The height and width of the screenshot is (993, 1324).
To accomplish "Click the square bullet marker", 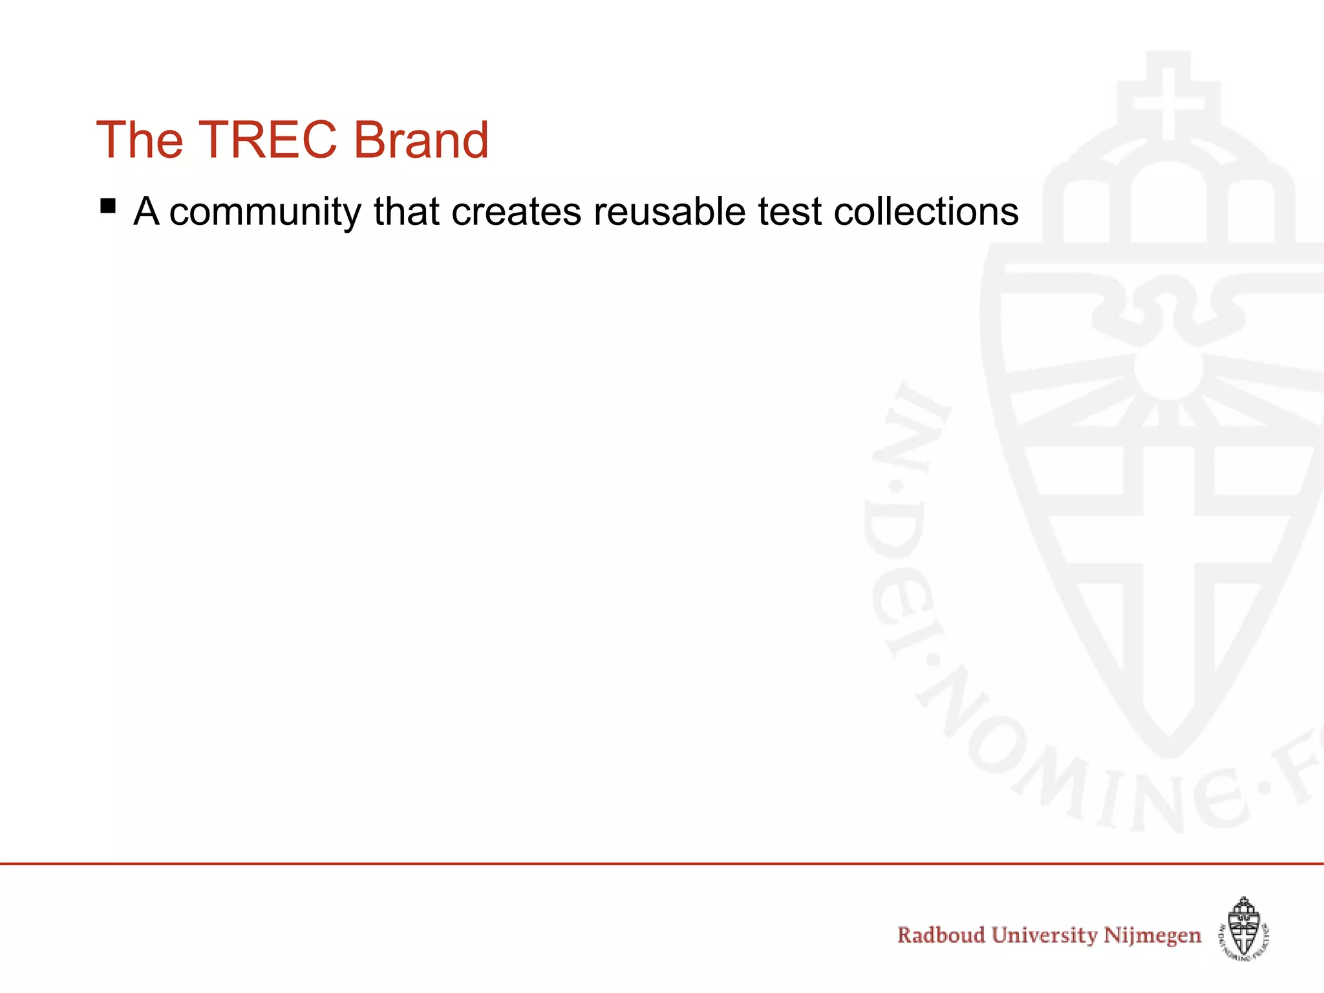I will coord(108,207).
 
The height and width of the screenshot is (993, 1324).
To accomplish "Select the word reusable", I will coord(669,212).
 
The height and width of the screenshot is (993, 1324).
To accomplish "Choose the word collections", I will coord(926,212).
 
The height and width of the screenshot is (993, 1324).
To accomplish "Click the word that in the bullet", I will coord(406,212).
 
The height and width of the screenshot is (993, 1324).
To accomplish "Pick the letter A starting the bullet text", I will coord(146,212).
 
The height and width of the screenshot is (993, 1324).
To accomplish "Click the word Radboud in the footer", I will coord(941,935).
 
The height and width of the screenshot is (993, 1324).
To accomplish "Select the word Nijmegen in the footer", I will coord(1152,935).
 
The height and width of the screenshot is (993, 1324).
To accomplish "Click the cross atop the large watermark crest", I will coord(1168,103).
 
